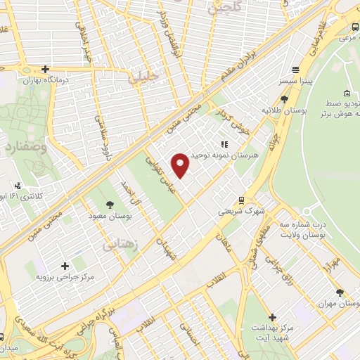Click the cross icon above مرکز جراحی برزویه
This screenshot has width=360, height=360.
[x=65, y=266]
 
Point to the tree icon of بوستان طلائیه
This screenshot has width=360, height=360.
[x=283, y=99]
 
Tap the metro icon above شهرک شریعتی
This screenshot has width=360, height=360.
[x=241, y=200]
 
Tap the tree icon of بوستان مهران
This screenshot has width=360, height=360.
[x=340, y=292]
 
